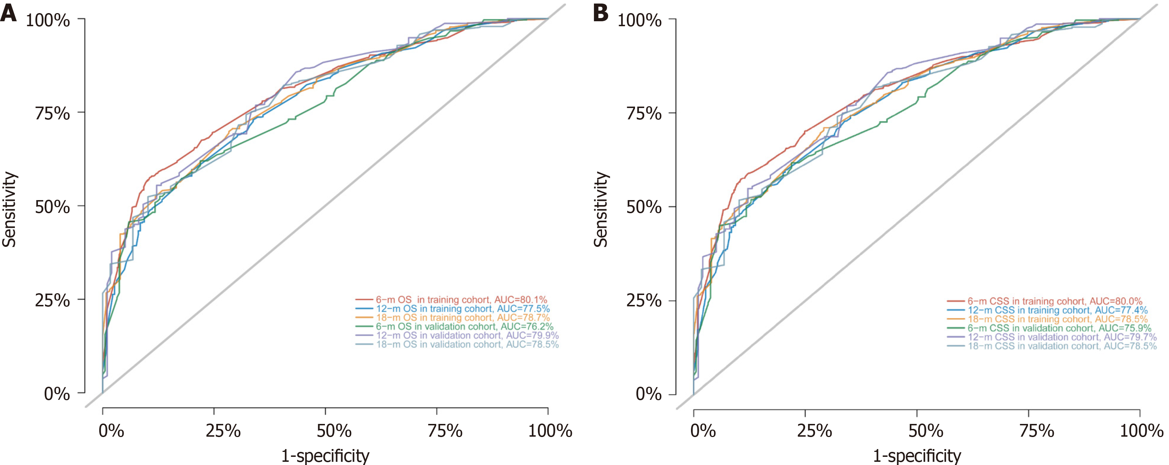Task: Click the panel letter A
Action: pos(8,13)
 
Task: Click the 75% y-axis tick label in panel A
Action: pos(53,113)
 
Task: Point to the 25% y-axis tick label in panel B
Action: pos(644,301)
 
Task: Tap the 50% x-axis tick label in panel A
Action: pos(334,431)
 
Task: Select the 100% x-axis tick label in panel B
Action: pos(1141,431)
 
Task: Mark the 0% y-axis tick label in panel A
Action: pos(57,394)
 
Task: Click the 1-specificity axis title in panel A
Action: pos(325,455)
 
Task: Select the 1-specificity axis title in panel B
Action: pos(917,455)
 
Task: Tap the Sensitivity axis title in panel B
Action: pos(601,209)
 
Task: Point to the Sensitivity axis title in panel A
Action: pos(9,209)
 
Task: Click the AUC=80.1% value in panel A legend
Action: pos(521,300)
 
